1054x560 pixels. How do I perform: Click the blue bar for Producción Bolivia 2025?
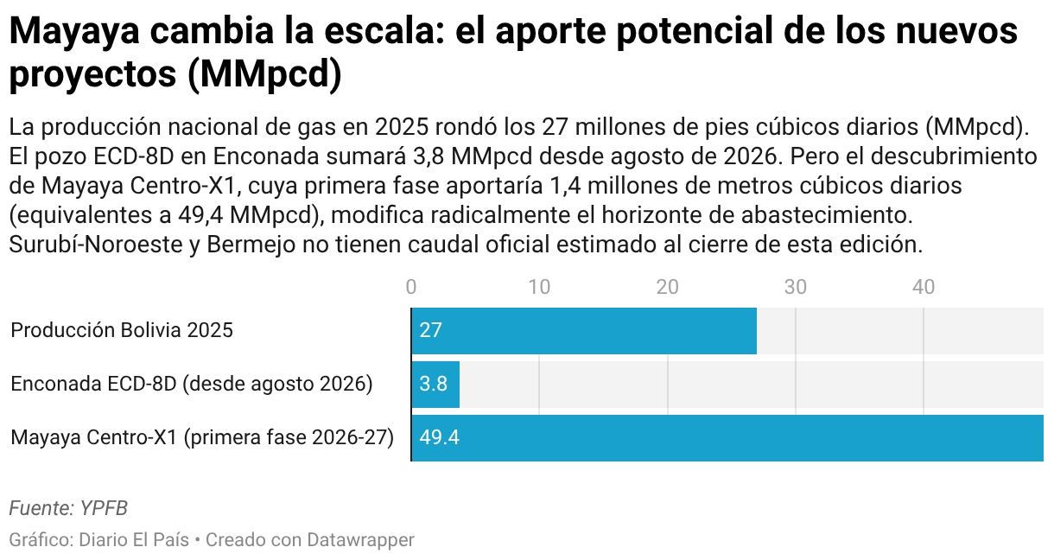tap(584, 331)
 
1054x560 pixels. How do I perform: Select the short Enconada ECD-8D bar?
tap(435, 385)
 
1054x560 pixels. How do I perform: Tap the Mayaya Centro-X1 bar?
tap(727, 438)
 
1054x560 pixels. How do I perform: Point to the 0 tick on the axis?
tap(411, 287)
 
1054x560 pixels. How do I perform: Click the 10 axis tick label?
tap(539, 287)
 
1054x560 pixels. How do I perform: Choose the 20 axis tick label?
tap(667, 287)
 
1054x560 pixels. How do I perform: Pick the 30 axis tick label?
tap(795, 287)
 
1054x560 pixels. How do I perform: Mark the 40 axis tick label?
tap(924, 287)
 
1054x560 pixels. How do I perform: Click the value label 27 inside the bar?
tap(430, 330)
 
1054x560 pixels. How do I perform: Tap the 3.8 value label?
tap(434, 384)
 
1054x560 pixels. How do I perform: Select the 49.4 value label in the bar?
tap(440, 437)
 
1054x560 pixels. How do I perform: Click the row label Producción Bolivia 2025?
tap(122, 330)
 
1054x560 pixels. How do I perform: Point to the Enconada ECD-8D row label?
tap(192, 384)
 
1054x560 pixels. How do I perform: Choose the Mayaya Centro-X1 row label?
tap(202, 437)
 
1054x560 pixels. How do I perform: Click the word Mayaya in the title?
tap(75, 32)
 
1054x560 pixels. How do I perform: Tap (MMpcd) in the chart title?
tap(264, 74)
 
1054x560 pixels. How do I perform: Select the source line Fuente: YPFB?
tap(68, 508)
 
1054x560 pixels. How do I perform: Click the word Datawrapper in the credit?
tap(360, 540)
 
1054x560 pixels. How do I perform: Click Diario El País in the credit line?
tap(134, 540)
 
